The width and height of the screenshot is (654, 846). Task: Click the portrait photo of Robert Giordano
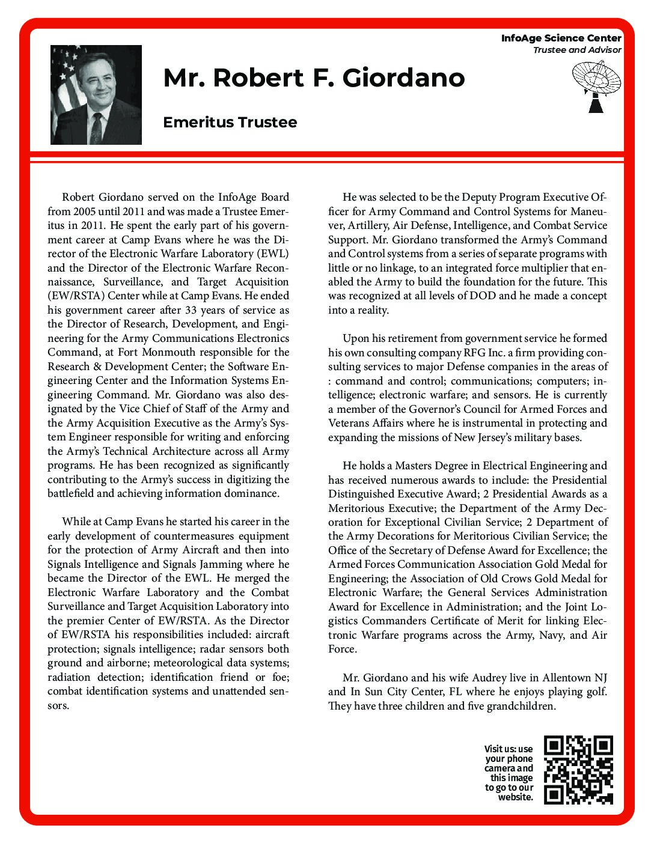pyautogui.click(x=96, y=94)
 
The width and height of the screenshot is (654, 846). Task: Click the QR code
pyautogui.click(x=578, y=770)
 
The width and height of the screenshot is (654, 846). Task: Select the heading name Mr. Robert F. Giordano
pyautogui.click(x=314, y=78)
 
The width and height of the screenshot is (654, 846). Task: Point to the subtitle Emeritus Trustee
pyautogui.click(x=230, y=122)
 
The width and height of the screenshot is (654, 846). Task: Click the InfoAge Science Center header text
pyautogui.click(x=561, y=38)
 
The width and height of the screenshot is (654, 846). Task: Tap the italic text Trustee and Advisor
pyautogui.click(x=576, y=50)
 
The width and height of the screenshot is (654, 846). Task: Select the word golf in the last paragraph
pyautogui.click(x=594, y=692)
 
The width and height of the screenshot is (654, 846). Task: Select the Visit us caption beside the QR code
pyautogui.click(x=509, y=773)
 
